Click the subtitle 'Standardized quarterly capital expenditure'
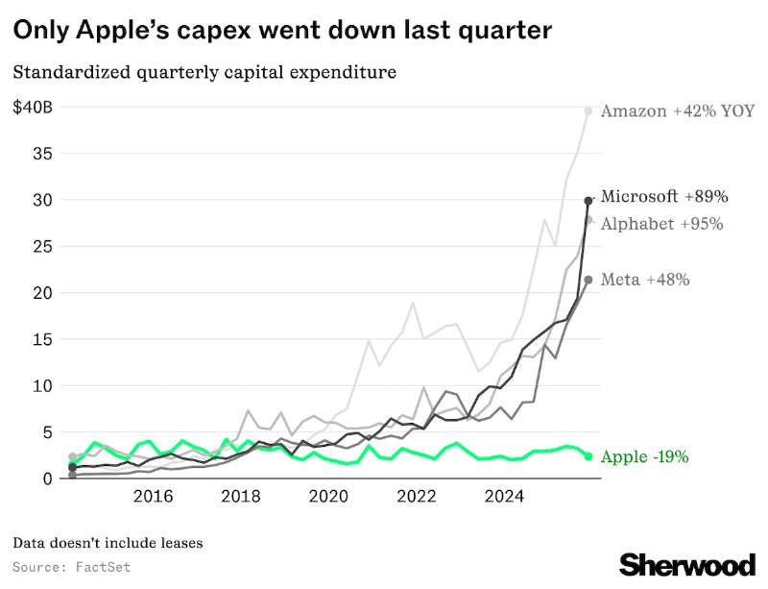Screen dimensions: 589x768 click(x=204, y=72)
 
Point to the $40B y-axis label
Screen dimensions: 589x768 click(x=33, y=108)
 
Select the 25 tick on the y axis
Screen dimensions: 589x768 click(x=43, y=247)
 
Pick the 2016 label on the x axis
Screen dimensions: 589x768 click(x=153, y=497)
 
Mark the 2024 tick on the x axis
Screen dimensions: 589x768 click(x=504, y=497)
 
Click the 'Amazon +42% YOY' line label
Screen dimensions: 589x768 click(x=674, y=111)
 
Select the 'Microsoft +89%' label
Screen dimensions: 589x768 click(x=664, y=197)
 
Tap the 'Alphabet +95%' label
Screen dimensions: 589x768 click(x=661, y=224)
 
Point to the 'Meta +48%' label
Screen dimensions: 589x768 click(x=645, y=281)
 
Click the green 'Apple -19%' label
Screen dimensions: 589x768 click(x=644, y=457)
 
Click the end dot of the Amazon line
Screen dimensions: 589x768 click(x=588, y=111)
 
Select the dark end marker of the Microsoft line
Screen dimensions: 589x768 click(x=588, y=201)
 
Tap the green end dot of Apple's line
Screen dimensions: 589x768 click(x=588, y=456)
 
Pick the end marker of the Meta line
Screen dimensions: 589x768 click(x=588, y=280)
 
